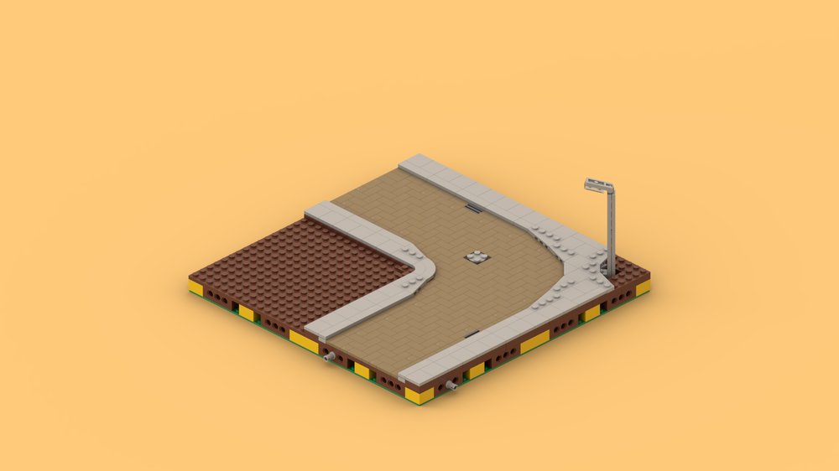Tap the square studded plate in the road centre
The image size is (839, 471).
tap(477, 258)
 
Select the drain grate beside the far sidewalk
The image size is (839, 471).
tap(474, 209)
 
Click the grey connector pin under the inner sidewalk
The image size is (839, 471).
tap(329, 358)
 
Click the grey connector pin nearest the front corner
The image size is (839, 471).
tap(451, 386)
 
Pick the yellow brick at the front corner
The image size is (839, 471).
tap(419, 395)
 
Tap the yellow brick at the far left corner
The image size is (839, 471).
tap(195, 287)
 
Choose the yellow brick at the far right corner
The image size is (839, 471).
tap(643, 287)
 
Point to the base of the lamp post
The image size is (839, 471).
tap(611, 273)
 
